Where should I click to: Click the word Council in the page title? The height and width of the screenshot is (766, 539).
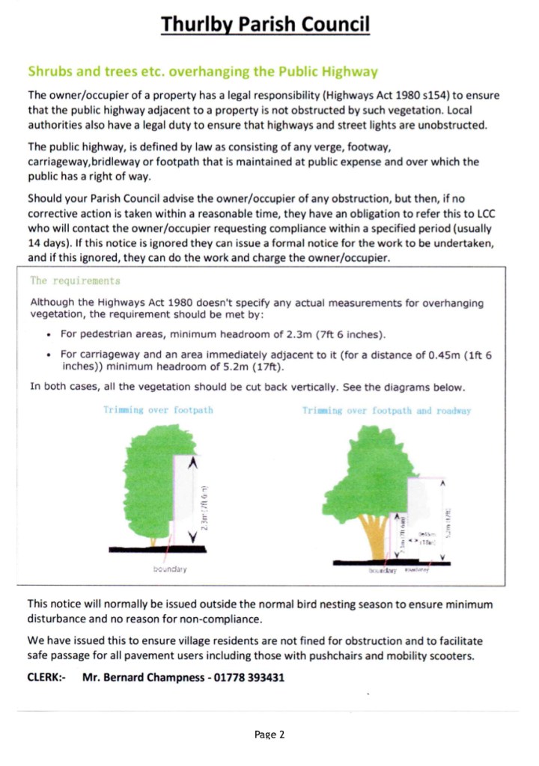coord(334,25)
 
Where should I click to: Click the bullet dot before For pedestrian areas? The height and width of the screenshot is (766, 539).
coord(49,333)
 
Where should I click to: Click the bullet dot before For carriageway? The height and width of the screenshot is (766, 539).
coord(49,354)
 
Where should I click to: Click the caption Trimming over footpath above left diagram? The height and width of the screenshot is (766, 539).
coord(159,411)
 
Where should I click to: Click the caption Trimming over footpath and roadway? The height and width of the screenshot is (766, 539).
coord(386,411)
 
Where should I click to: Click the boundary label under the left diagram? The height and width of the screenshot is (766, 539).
coord(168,569)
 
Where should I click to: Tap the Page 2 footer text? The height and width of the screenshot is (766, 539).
coord(269,735)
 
